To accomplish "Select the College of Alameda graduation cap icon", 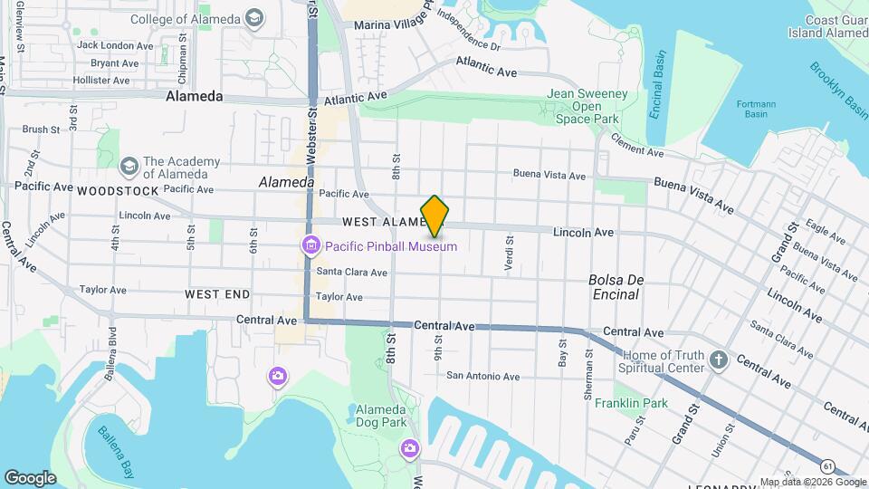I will click(255, 19).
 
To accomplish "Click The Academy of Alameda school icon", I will click(129, 168).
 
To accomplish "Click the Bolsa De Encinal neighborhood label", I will click(614, 287).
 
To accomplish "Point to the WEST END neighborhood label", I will click(217, 294).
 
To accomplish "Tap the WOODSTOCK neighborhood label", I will click(118, 191).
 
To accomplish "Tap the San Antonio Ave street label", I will click(483, 376).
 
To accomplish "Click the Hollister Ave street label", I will click(101, 80).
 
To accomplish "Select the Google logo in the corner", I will click(30, 477).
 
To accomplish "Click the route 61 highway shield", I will click(828, 465).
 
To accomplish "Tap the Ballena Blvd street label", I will click(112, 347).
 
